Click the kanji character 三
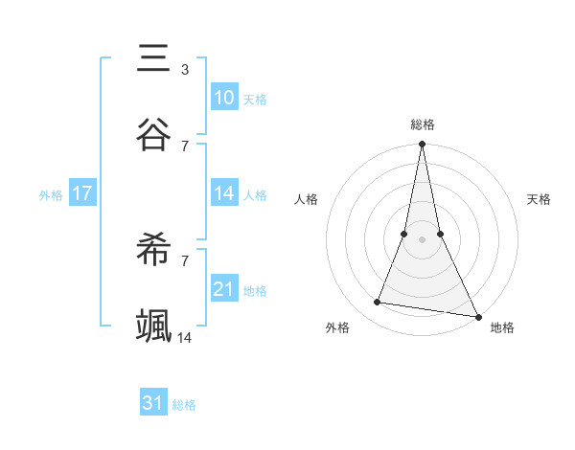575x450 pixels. point(154,58)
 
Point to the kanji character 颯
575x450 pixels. point(154,326)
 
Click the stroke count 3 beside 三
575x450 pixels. point(184,70)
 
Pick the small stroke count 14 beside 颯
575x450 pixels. point(185,337)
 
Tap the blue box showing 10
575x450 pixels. point(223,98)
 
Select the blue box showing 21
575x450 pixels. point(223,289)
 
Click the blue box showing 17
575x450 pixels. point(82,193)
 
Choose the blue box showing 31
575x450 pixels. point(153,403)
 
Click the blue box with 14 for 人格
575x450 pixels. point(223,193)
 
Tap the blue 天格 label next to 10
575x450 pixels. point(255,99)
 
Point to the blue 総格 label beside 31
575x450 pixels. point(184,404)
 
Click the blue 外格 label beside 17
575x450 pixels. point(51,194)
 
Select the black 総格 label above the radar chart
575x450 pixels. point(423,124)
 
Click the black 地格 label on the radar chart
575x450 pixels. point(502,327)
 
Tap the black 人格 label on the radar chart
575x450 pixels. point(307,199)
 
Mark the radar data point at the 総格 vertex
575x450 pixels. point(422,145)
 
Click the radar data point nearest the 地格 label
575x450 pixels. point(477,316)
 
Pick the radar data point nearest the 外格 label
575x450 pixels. point(378,303)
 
